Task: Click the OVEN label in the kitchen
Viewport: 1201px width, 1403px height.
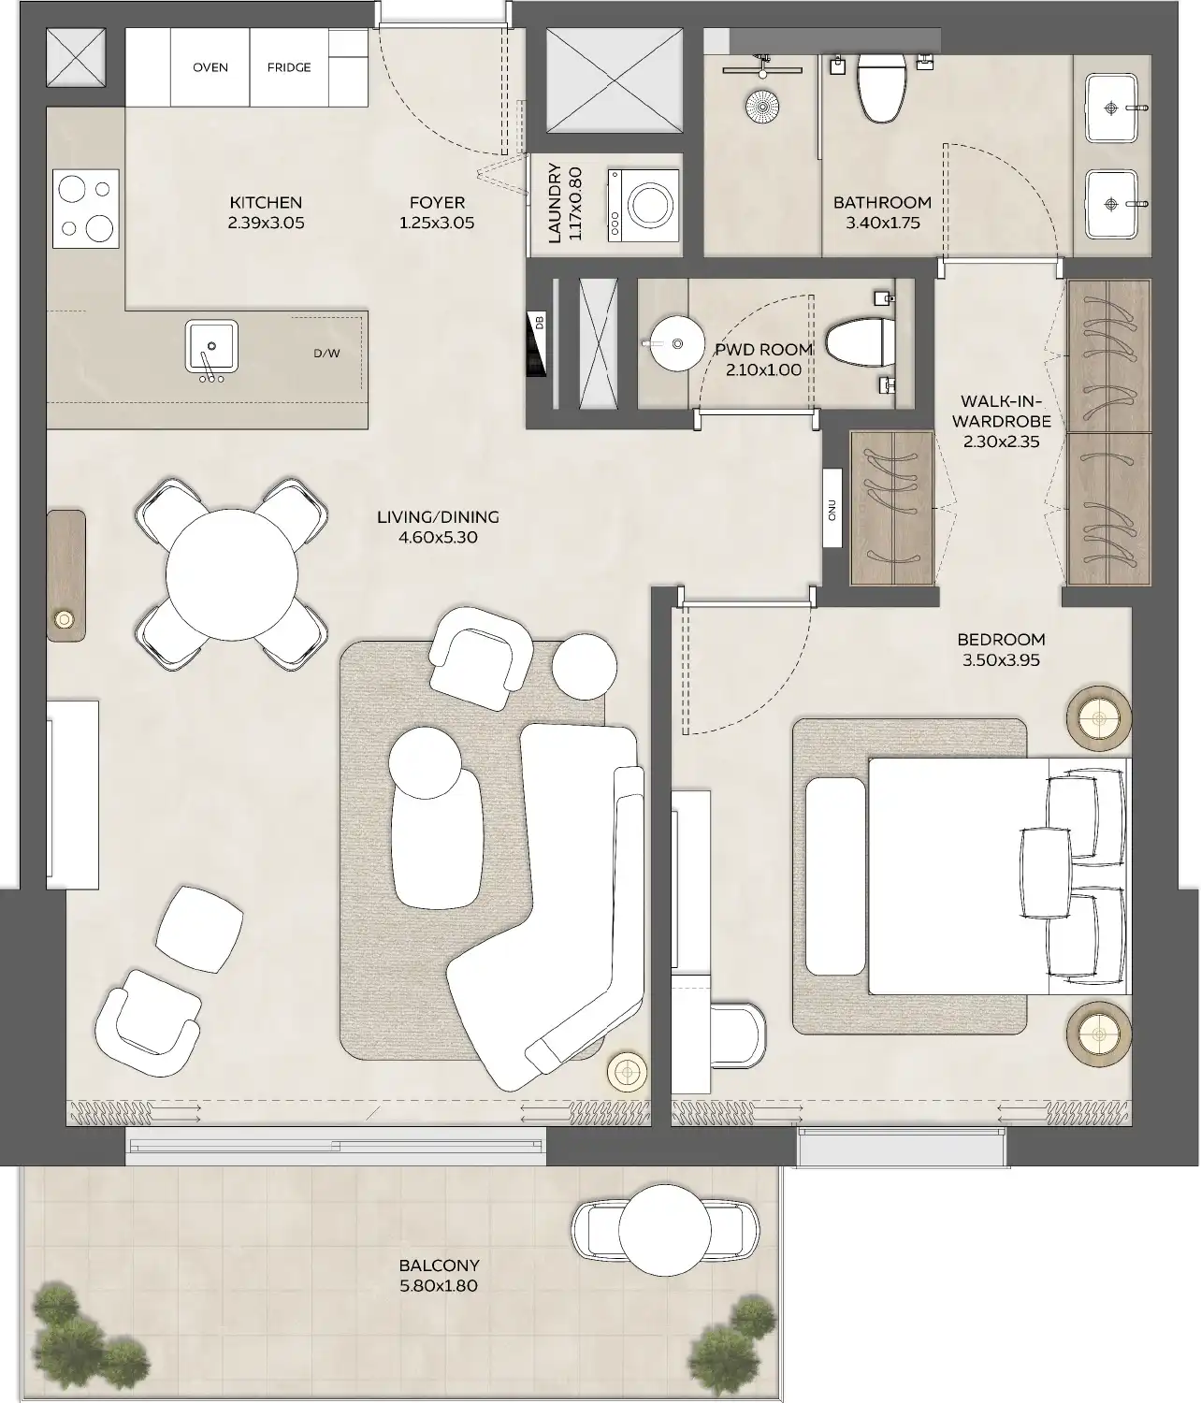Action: pos(210,67)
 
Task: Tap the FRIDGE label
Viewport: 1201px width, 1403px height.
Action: pos(289,67)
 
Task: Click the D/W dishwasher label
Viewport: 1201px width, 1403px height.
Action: pos(326,354)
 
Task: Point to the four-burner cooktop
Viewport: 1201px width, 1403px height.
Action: pos(86,209)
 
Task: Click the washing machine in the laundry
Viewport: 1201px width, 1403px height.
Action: pos(644,205)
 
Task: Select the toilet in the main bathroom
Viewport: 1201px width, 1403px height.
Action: pos(880,88)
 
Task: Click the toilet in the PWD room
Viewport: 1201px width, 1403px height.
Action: pos(859,343)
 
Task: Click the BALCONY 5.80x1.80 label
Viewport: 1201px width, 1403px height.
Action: pos(438,1276)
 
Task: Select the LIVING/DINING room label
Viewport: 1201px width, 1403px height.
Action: pos(438,527)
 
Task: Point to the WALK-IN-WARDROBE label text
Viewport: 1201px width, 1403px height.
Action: pos(1001,422)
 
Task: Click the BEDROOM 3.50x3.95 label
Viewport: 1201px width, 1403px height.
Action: pos(1001,649)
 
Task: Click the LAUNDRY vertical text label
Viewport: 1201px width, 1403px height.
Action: pos(564,204)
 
